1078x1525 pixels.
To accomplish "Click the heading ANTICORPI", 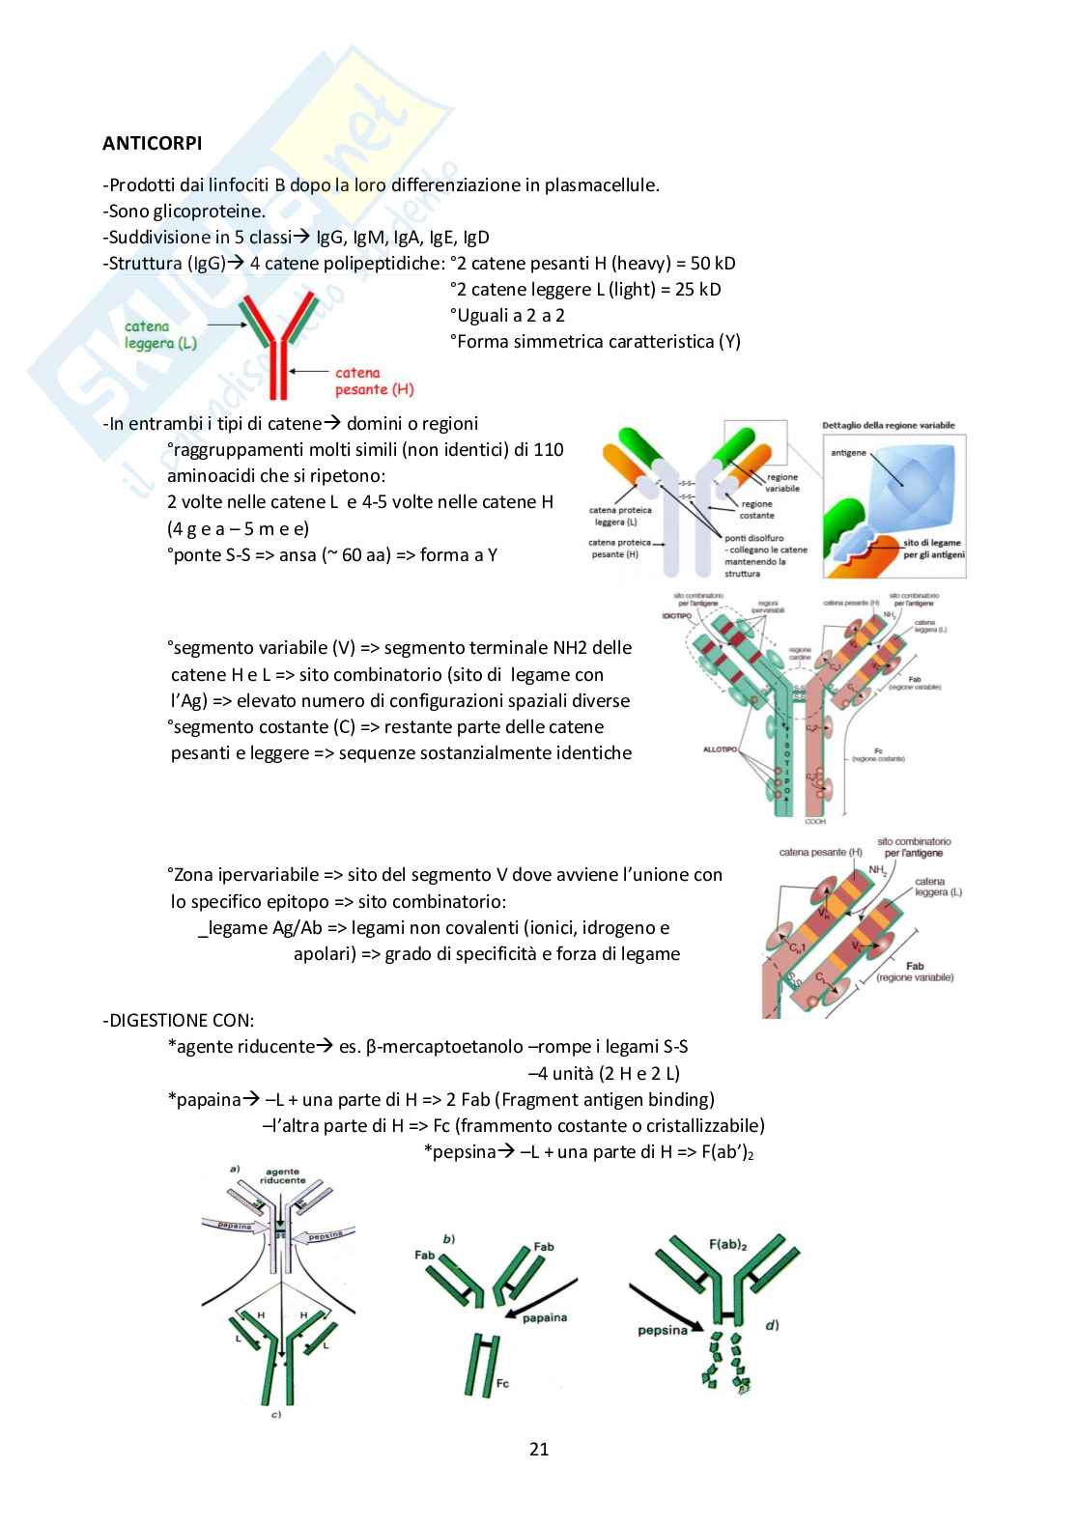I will pyautogui.click(x=153, y=143).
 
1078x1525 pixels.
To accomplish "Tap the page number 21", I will pyautogui.click(x=539, y=1448).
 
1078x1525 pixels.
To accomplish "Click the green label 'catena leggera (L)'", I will pyautogui.click(x=160, y=335).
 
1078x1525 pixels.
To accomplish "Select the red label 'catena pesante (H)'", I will pyautogui.click(x=374, y=381).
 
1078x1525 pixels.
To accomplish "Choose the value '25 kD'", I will pyautogui.click(x=697, y=289).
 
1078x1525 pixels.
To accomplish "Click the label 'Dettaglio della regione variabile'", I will pyautogui.click(x=888, y=425).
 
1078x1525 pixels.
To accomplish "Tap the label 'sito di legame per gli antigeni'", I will pyautogui.click(x=932, y=549).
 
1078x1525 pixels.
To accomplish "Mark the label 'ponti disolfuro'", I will pyautogui.click(x=753, y=538).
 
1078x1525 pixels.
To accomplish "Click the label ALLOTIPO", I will pyautogui.click(x=721, y=748).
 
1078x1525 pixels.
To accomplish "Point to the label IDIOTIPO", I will pyautogui.click(x=676, y=614).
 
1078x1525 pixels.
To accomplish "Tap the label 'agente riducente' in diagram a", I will pyautogui.click(x=282, y=1175).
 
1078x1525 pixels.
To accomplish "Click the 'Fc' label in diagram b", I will pyautogui.click(x=502, y=1383).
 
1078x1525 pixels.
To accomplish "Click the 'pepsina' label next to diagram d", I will pyautogui.click(x=662, y=1330).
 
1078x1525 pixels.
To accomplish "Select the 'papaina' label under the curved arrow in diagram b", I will pyautogui.click(x=545, y=1317).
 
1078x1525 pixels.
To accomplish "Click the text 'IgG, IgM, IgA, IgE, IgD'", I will pyautogui.click(x=402, y=237).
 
